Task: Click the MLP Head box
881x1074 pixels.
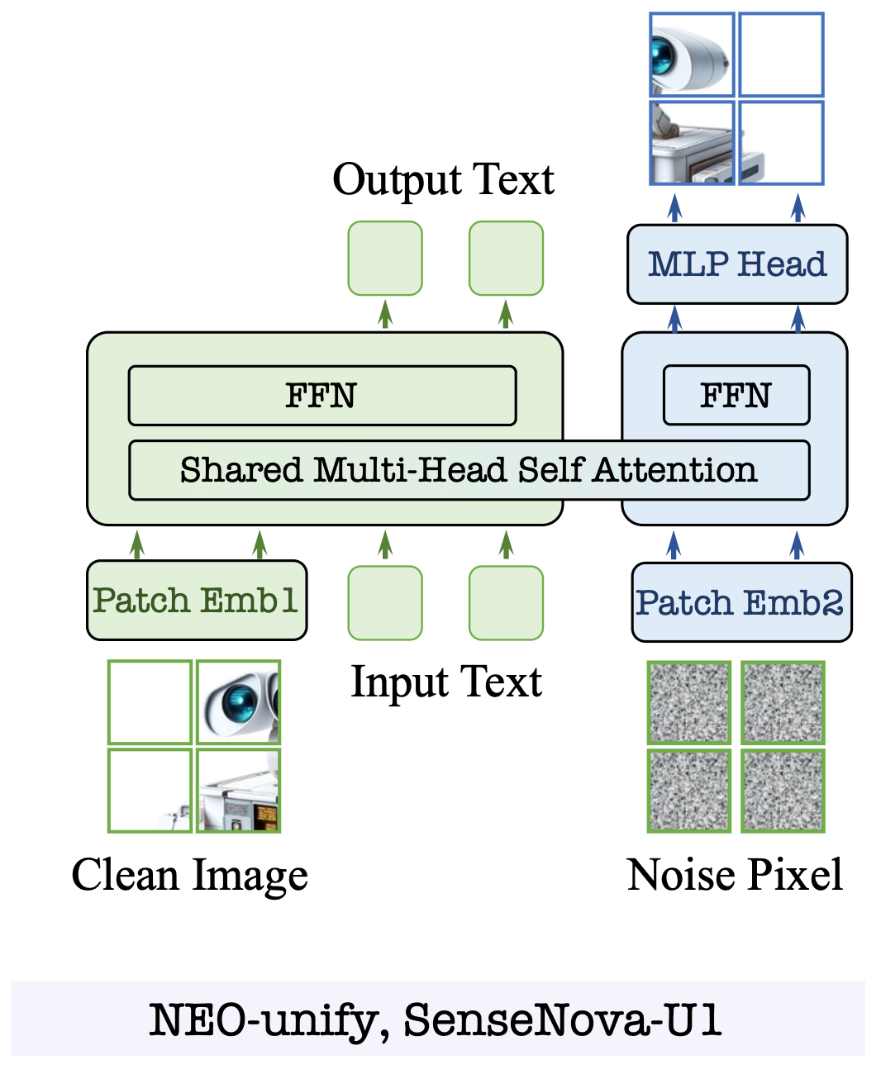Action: click(737, 264)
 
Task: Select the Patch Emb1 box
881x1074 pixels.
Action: click(197, 600)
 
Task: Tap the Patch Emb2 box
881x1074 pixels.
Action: click(741, 602)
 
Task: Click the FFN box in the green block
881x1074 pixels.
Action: click(322, 395)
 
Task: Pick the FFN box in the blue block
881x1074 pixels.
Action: click(736, 395)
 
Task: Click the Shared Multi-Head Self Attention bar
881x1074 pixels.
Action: click(469, 470)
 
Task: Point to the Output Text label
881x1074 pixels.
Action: click(443, 180)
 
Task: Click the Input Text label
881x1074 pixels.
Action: click(446, 682)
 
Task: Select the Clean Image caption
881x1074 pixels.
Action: click(189, 875)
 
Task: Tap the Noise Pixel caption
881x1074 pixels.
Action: click(735, 874)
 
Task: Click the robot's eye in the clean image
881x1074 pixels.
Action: click(238, 701)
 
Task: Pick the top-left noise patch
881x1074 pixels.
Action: click(689, 702)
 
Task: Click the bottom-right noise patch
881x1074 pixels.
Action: click(783, 791)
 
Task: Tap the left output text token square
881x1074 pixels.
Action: click(385, 259)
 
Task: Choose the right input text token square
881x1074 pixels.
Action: click(506, 603)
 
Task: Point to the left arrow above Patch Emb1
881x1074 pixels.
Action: click(137, 544)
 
